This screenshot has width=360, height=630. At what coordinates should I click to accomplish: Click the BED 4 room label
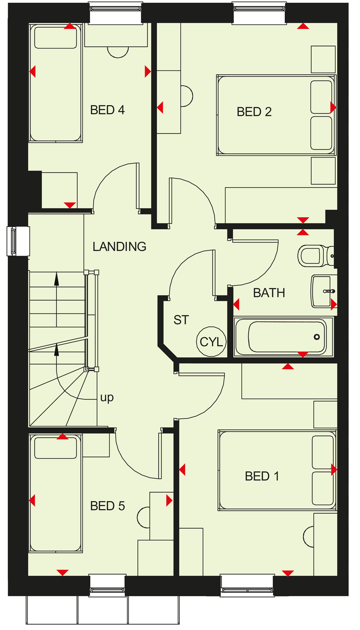pyautogui.click(x=107, y=110)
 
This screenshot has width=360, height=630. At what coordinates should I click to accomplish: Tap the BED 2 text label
pyautogui.click(x=254, y=112)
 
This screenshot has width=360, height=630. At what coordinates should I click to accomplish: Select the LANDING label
pyautogui.click(x=119, y=247)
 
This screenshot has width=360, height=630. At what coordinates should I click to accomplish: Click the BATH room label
pyautogui.click(x=269, y=293)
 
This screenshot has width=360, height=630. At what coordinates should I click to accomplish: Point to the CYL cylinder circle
pyautogui.click(x=211, y=342)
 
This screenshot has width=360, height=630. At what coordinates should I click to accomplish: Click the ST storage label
pyautogui.click(x=181, y=320)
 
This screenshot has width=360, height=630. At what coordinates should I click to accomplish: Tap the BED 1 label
pyautogui.click(x=262, y=476)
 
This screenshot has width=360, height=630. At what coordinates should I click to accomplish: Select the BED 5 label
pyautogui.click(x=107, y=506)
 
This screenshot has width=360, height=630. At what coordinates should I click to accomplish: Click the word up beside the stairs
pyautogui.click(x=107, y=398)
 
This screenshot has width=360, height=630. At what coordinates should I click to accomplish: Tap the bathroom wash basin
pyautogui.click(x=322, y=291)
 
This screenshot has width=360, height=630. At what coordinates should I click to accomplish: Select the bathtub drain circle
pyautogui.click(x=317, y=337)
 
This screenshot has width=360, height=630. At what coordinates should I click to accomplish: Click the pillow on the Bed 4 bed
pyautogui.click(x=56, y=37)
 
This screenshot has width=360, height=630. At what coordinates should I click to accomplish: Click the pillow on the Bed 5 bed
pyautogui.click(x=56, y=447)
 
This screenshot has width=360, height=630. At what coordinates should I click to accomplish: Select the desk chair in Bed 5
pyautogui.click(x=143, y=517)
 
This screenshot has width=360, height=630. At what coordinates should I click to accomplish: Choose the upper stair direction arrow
pyautogui.click(x=56, y=280)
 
